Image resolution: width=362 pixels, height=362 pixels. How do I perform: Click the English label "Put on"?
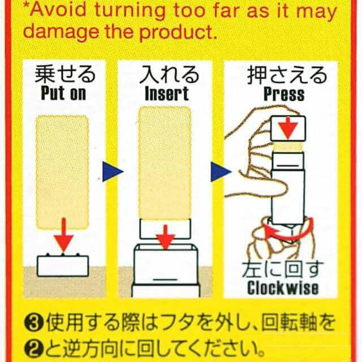pos(63,94)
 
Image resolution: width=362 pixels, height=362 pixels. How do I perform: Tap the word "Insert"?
pos(167,94)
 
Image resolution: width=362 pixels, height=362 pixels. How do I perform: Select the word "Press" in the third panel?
pos(284,94)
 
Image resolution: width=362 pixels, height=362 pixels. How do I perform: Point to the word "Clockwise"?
pos(283,288)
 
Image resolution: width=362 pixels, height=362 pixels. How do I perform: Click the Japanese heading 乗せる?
pos(65,74)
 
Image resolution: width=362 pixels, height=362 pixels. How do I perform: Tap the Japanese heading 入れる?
pos(170,74)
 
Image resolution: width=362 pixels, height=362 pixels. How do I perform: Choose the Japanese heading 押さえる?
pos(287,75)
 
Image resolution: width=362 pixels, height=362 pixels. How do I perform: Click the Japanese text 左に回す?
pos(283,269)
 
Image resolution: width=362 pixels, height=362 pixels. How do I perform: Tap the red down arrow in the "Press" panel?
pos(288,128)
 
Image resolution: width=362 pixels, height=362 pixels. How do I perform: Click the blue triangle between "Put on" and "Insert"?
pos(113,171)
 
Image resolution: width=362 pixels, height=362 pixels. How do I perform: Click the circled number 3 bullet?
pos(34,323)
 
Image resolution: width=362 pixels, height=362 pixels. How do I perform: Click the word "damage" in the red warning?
pos(61,32)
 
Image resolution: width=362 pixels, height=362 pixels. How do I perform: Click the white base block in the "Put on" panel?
pos(63,265)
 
